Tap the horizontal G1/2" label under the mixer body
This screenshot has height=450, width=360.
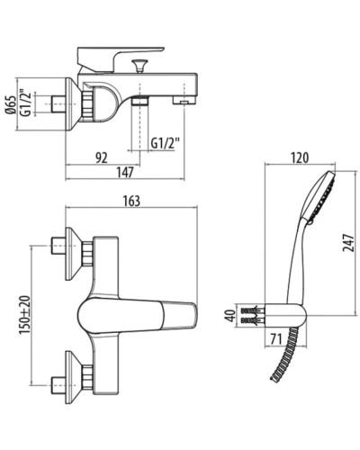(x=167, y=142)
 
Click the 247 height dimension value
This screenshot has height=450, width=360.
(x=349, y=240)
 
